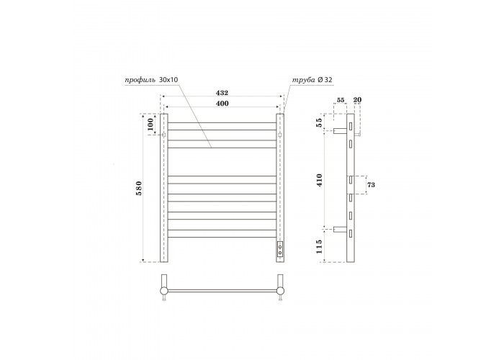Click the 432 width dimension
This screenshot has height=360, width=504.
(222, 93)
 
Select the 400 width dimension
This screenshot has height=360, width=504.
(222, 104)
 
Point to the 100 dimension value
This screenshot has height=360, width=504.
(150, 124)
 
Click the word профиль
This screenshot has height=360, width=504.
(140, 80)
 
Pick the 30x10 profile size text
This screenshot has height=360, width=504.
(168, 79)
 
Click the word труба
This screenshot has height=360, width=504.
(303, 80)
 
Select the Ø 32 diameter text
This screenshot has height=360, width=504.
(325, 80)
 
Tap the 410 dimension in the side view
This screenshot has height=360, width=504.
(319, 180)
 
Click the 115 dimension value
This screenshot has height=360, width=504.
(319, 246)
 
